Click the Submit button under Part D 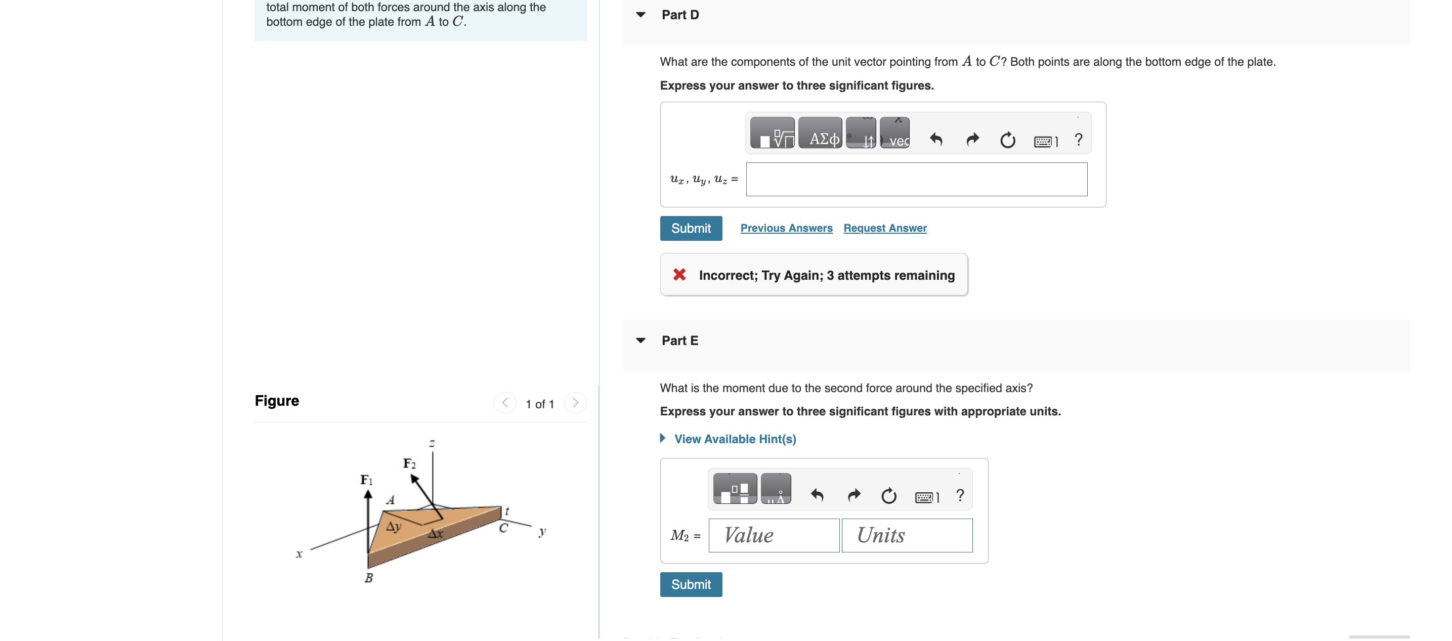click(691, 228)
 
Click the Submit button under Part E click(691, 585)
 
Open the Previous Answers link click(786, 228)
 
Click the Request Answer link click(884, 228)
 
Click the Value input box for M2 click(774, 536)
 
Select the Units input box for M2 click(907, 536)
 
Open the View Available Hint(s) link click(735, 439)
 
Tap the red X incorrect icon click(679, 275)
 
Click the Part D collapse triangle click(640, 15)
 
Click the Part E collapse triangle click(640, 340)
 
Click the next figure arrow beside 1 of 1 click(575, 403)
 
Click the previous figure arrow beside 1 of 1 click(505, 403)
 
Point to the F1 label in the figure click(366, 480)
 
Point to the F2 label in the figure click(409, 464)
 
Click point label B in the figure click(369, 578)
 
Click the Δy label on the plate click(394, 527)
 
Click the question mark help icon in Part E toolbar click(960, 496)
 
